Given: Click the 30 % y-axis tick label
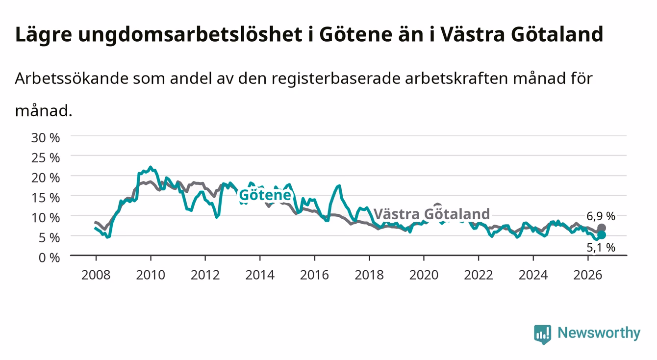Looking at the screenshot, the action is (x=46, y=138).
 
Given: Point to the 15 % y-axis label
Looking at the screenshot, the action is (x=46, y=198).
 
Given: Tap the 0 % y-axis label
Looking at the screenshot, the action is (x=49, y=257).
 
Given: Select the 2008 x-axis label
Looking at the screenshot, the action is (x=96, y=275).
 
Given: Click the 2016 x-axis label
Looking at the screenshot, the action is (x=314, y=275).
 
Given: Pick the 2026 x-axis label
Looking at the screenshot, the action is (x=588, y=275).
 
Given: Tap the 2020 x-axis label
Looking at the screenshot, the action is (x=424, y=275).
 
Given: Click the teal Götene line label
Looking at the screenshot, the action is (x=265, y=195).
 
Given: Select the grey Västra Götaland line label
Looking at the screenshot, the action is (x=432, y=214).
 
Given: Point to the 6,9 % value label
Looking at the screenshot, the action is (x=601, y=216).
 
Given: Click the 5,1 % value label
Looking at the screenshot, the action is (x=601, y=248).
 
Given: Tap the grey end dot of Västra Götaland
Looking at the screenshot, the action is (x=602, y=228).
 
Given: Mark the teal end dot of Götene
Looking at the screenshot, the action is (x=602, y=235).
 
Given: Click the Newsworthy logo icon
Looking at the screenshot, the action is (x=543, y=334).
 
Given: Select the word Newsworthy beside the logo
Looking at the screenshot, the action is (x=599, y=333).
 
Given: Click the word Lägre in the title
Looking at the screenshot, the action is (x=44, y=35).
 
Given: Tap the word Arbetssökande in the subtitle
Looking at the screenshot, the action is (x=72, y=78).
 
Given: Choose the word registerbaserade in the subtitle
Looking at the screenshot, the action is (x=336, y=78).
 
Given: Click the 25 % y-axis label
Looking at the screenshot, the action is (x=46, y=158).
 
